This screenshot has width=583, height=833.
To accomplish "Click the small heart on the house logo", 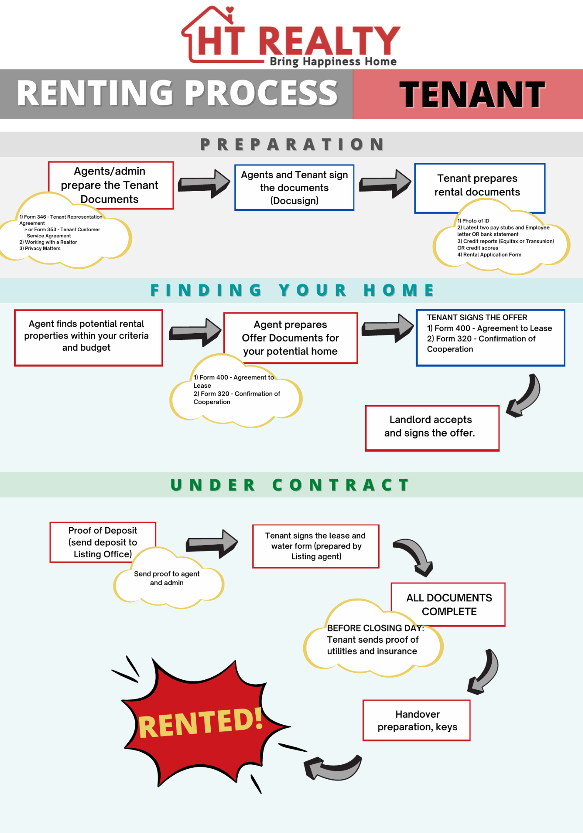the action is pos(229,9).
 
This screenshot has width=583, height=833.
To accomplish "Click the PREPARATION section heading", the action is pos(292,144).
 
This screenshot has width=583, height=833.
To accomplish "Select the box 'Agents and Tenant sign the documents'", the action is pos(294,187).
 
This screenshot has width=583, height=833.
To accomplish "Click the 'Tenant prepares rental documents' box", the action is pos(480,185).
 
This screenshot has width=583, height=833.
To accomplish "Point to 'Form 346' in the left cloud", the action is pos(35,217).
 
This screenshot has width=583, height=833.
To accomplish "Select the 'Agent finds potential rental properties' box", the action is pos(88,338).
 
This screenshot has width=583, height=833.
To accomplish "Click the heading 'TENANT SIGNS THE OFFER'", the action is pos(477,317).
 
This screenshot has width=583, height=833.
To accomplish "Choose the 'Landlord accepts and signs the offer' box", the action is pos(432,428).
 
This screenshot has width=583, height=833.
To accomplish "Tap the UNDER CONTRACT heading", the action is pos(290,485).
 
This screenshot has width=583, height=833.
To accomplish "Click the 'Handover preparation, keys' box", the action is pos(416,720).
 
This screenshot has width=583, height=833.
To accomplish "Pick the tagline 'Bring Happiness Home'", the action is pos(333,62).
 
